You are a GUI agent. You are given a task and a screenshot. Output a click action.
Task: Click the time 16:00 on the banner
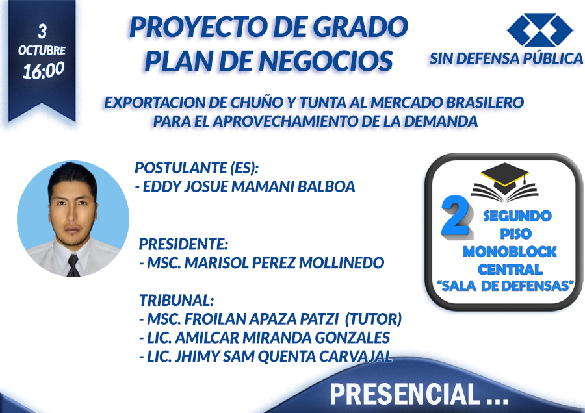(x=44, y=70)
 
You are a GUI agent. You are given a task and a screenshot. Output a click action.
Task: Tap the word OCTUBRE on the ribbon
(x=42, y=50)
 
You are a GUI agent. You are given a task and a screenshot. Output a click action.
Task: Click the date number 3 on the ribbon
(x=42, y=32)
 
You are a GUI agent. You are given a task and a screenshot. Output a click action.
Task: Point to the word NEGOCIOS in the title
(x=325, y=60)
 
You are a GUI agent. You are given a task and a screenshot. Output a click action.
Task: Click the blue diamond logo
(x=540, y=30)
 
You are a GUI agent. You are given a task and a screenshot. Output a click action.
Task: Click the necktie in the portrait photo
(x=73, y=266)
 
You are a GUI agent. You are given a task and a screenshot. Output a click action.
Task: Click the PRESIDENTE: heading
(x=183, y=244)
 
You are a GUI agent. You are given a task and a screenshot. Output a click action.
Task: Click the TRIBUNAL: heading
(x=176, y=300)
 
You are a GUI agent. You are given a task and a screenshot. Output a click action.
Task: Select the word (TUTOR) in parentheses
(x=373, y=319)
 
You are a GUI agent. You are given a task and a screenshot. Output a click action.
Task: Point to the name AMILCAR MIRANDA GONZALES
(x=283, y=338)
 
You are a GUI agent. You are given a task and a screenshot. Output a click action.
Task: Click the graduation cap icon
(x=505, y=182)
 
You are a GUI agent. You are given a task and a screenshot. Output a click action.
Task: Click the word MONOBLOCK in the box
(x=510, y=251)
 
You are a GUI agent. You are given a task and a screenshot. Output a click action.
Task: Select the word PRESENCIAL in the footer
(x=404, y=394)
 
